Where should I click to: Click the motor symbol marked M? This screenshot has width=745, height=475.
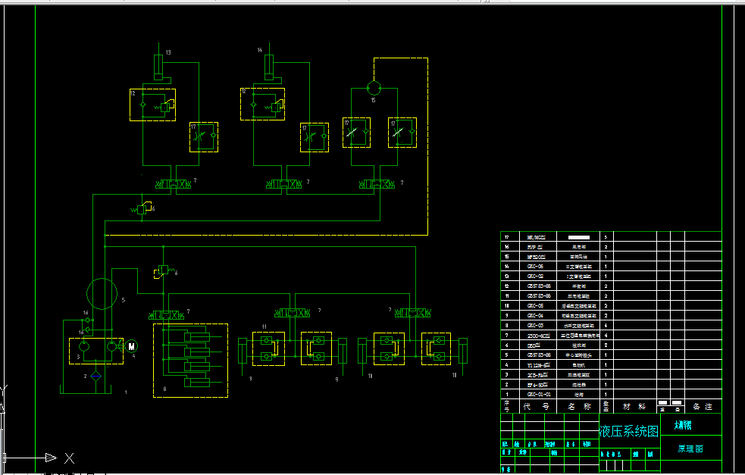click(130, 346)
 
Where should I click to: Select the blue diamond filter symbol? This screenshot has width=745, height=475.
click(95, 375)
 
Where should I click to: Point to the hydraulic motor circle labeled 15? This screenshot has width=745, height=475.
click(374, 87)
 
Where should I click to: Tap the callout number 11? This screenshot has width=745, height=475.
click(264, 326)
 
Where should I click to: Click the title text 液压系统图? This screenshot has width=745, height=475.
click(629, 432)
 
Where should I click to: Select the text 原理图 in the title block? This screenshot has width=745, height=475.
click(690, 448)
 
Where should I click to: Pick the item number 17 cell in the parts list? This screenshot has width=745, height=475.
click(507, 236)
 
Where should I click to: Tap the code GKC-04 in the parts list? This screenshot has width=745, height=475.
click(535, 315)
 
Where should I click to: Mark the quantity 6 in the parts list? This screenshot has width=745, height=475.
click(606, 335)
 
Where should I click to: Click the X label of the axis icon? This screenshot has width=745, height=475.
click(69, 458)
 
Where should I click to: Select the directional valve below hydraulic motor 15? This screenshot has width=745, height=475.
click(377, 184)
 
